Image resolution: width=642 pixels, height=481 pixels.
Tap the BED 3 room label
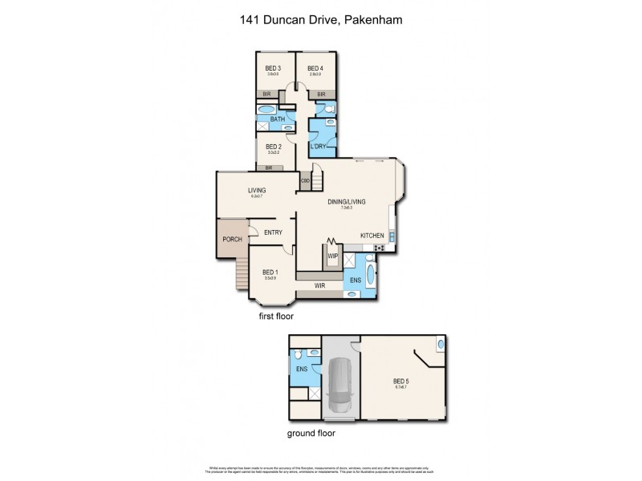[x=273, y=68]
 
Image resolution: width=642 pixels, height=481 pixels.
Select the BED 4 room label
[x=315, y=68]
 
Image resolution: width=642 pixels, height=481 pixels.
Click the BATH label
[x=277, y=119]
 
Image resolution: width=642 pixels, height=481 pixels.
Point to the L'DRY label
[x=319, y=146]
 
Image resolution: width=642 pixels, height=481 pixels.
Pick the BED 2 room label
[x=273, y=147]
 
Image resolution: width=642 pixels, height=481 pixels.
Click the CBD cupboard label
[x=305, y=181]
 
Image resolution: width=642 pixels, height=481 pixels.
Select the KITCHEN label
[x=372, y=235]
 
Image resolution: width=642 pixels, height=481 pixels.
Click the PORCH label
[x=232, y=239]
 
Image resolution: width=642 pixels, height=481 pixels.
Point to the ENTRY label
[x=274, y=232]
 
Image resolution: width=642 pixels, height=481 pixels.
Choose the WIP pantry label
[x=332, y=257]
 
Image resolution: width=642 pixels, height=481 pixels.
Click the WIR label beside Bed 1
[x=319, y=285]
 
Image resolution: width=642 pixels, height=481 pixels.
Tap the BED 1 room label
[x=270, y=273]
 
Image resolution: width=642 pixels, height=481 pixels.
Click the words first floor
[x=276, y=317]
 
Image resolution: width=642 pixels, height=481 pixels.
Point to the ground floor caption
[x=311, y=433]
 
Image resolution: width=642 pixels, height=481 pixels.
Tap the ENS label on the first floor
[x=355, y=281]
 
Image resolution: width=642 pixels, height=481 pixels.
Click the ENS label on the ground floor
[x=303, y=369]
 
